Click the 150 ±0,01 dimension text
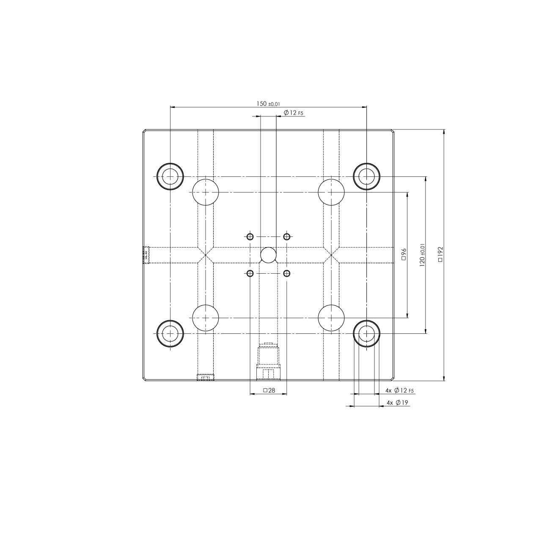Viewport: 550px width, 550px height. pos(268,104)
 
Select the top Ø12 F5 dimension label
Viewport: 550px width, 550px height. pos(294,113)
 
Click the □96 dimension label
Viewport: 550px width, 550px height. pos(404,255)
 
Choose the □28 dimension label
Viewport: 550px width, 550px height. pos(269,390)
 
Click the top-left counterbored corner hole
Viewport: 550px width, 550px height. pos(170,176)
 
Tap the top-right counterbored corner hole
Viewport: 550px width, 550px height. pos(366,176)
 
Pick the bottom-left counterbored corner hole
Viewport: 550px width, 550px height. pos(170,333)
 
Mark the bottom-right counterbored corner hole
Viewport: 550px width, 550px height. pos(366,333)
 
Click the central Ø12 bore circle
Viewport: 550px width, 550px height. pos(268,255)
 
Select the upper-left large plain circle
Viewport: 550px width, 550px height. pos(206,192)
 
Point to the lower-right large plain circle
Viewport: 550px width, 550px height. pos(331,317)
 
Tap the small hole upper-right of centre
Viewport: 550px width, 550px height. pos(287,236)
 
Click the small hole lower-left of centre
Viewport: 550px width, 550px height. pos(250,273)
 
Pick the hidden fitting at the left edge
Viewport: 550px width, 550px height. pos(147,255)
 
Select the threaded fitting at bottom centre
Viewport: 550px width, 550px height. pos(268,362)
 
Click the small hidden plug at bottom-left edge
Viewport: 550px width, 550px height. pos(205,377)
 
